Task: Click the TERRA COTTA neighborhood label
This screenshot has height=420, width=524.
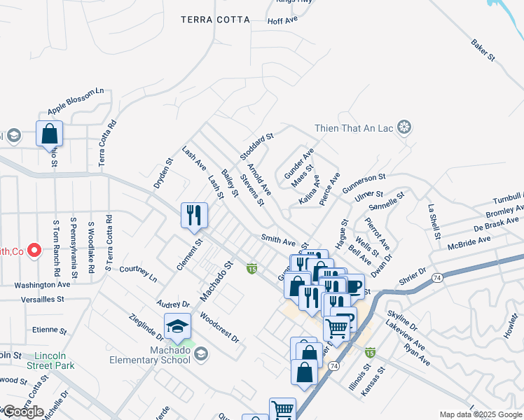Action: point(215,20)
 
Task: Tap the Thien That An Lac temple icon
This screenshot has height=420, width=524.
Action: point(404,127)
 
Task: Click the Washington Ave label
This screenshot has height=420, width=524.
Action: point(42,285)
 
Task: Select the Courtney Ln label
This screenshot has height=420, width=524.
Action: point(138,272)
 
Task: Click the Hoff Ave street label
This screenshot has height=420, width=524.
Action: point(283,21)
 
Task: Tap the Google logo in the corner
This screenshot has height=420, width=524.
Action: point(23,412)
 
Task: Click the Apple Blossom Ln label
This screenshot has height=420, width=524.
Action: point(76,101)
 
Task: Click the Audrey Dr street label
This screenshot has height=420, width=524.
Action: point(175,304)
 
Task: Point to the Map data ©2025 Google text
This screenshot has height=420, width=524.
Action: point(481,414)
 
